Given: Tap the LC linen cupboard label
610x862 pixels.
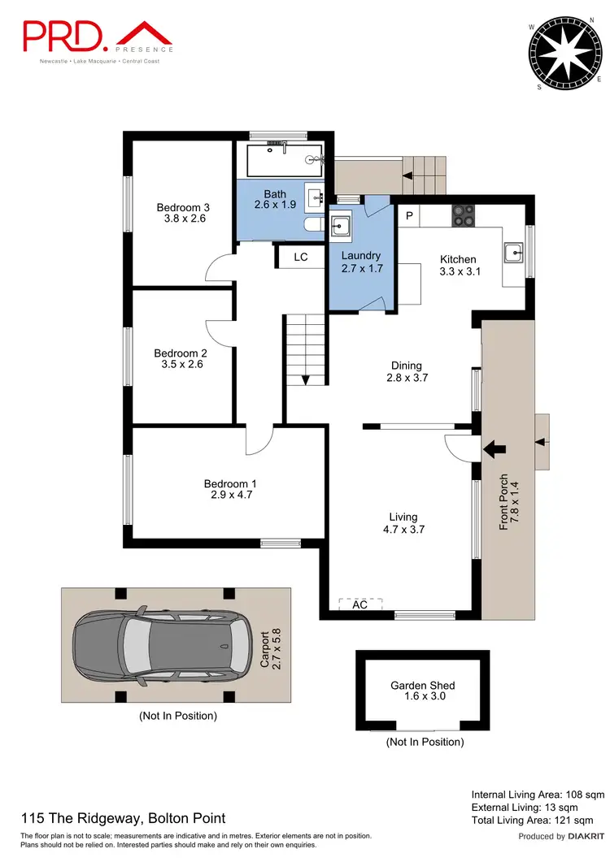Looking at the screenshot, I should click(x=301, y=257).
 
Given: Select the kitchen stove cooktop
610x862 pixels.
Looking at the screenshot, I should click(x=464, y=214).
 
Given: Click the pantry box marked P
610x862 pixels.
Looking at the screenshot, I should click(x=410, y=215).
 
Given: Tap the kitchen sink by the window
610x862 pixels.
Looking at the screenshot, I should click(x=513, y=252).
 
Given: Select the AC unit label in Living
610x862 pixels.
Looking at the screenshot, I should click(x=359, y=604).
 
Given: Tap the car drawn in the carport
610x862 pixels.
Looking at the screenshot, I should click(x=150, y=644).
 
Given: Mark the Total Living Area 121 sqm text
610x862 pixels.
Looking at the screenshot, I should click(x=538, y=821).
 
